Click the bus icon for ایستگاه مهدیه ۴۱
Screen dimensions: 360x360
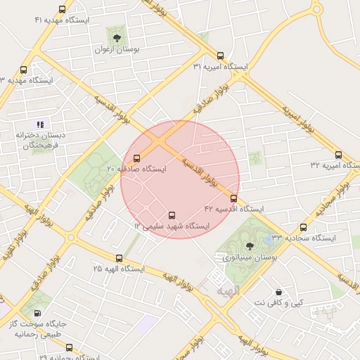tap(63, 10)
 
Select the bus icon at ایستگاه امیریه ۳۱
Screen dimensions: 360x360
tap(221, 56)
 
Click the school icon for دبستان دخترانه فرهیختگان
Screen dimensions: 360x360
tap(40, 124)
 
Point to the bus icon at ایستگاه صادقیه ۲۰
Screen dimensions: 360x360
tap(136, 158)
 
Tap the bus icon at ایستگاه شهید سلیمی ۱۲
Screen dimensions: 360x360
tap(172, 215)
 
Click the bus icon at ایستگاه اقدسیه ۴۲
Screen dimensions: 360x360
tap(233, 198)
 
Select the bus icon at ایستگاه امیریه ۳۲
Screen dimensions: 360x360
tap(338, 155)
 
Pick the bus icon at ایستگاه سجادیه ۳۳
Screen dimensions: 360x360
tap(304, 227)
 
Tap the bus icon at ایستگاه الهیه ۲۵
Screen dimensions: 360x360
tap(119, 259)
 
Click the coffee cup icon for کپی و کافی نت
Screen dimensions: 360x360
tap(278, 291)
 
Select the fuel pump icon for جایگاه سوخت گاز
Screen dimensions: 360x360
tap(36, 313)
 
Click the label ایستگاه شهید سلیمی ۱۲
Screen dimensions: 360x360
tap(172, 226)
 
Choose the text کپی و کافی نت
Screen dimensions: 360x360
tap(278, 302)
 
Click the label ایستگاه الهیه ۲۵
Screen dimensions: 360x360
tap(118, 269)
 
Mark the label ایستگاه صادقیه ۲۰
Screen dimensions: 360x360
tap(136, 169)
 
